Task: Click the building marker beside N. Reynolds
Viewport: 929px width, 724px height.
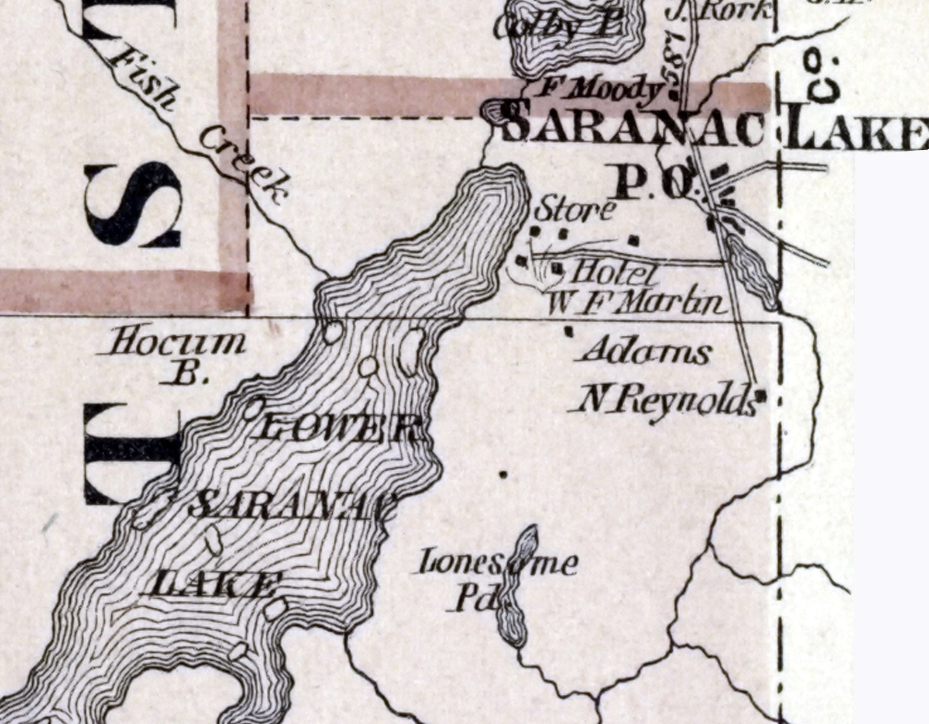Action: (x=761, y=395)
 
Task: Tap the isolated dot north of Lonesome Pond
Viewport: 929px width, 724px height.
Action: (x=504, y=474)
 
